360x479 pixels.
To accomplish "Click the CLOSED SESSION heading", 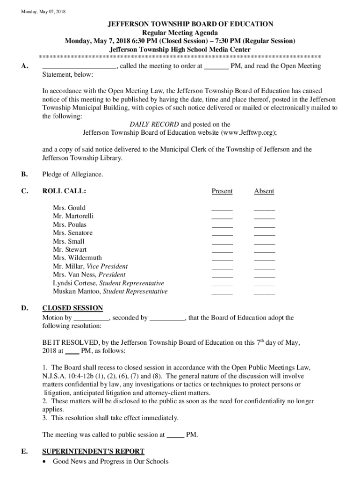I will tap(72, 308).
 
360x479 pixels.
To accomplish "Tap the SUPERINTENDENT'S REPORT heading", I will tap(93, 451).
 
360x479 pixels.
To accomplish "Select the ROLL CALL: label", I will tap(64, 191).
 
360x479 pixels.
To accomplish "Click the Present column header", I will tap(222, 191).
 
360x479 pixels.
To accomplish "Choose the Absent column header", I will tap(264, 191).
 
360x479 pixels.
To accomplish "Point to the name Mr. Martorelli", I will tap(73, 216).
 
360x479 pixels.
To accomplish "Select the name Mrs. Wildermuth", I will tap(77, 258).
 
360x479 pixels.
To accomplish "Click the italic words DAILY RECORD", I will tap(154, 124).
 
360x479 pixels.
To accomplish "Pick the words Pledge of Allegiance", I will tap(72, 174).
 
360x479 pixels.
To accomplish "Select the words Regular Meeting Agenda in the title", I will tap(180, 32).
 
